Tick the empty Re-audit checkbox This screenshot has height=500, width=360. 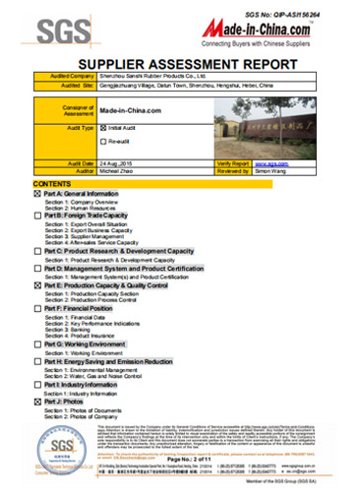click(x=104, y=144)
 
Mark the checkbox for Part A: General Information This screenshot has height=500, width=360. click(x=37, y=194)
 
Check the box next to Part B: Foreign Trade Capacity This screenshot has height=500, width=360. click(x=37, y=216)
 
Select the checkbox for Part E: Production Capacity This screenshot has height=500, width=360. click(x=37, y=284)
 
